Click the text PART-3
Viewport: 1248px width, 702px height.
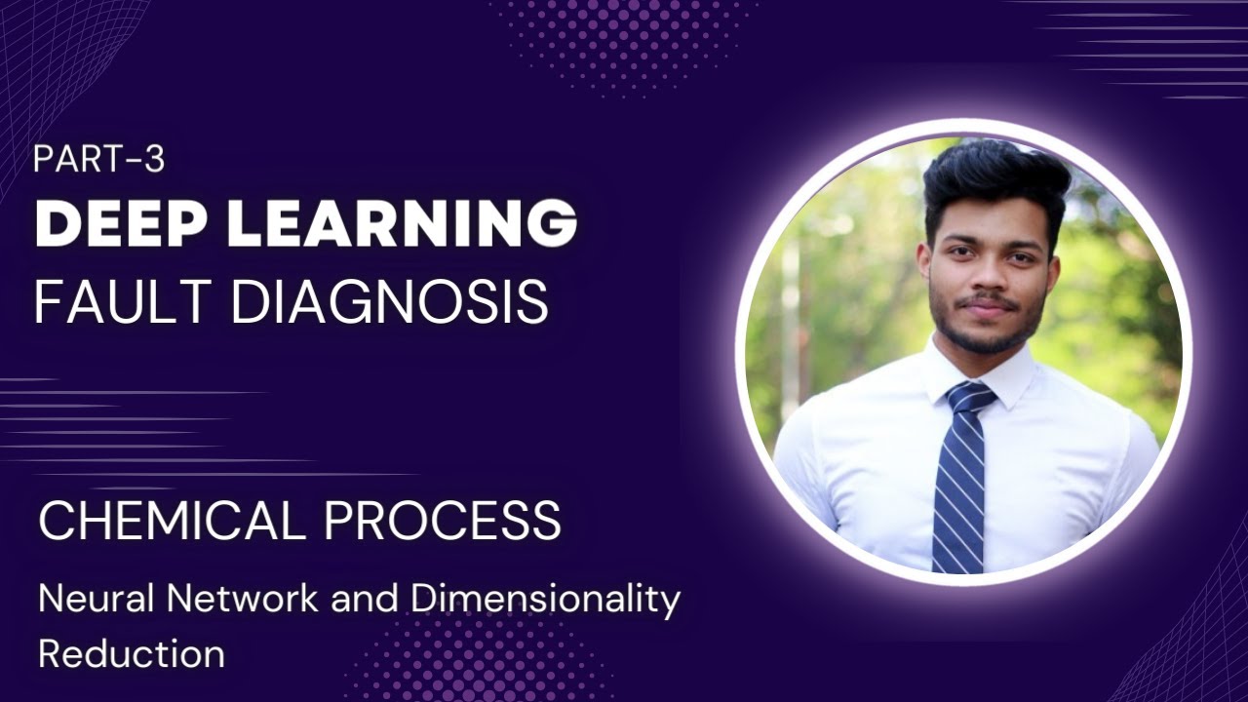coord(98,159)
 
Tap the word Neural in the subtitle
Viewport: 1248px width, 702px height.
coord(81,599)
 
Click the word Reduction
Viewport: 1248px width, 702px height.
coord(131,652)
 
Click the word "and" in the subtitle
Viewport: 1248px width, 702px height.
coord(364,599)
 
